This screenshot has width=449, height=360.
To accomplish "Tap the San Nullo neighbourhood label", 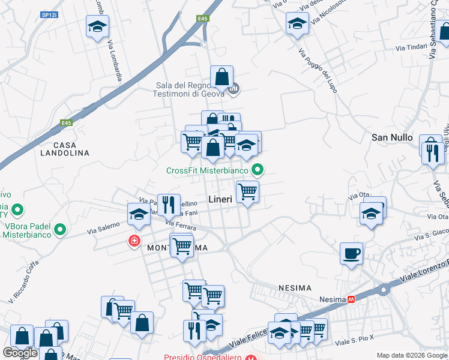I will tap(392, 137).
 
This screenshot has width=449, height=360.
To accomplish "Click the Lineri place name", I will tap(220, 199).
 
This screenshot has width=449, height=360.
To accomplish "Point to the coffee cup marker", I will tap(351, 253).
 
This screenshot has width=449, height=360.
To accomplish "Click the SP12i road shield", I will tap(49, 13).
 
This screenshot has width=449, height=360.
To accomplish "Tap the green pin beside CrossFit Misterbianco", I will tap(258, 170).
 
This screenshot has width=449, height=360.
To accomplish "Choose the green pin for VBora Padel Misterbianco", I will tap(60, 229).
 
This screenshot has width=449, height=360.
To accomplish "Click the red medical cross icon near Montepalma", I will tap(134, 241).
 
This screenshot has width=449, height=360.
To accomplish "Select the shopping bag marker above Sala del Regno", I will tap(221, 77).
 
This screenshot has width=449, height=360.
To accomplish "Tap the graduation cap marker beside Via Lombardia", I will tap(97, 27).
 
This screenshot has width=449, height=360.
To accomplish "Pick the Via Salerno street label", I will tap(100, 229).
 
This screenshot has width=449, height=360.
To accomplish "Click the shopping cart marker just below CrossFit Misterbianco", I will tap(247, 191).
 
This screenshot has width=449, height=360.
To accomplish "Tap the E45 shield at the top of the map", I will tap(204, 19).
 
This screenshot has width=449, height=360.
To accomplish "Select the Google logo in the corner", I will tap(20, 352).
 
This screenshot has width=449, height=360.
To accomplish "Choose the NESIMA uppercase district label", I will tap(294, 289).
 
